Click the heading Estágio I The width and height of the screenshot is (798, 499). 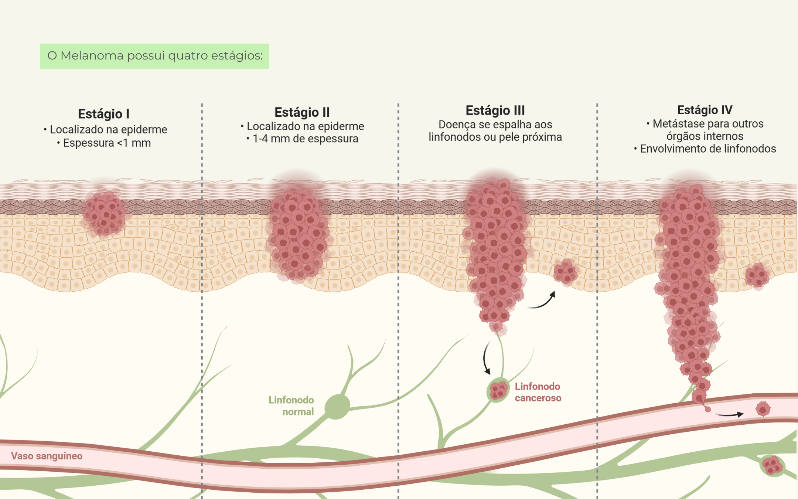click(x=104, y=114)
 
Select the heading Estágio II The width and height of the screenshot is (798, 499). click(x=302, y=112)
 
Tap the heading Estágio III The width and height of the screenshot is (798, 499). click(x=495, y=110)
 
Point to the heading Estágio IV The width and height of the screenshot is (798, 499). click(x=705, y=110)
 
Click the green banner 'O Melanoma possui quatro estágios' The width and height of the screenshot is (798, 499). click(x=154, y=56)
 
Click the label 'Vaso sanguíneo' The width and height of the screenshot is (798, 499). click(x=47, y=456)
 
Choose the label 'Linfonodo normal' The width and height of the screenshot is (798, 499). click(x=291, y=405)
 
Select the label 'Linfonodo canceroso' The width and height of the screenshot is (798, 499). click(x=538, y=392)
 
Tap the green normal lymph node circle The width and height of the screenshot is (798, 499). click(x=337, y=407)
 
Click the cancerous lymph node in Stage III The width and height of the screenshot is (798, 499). click(x=498, y=390)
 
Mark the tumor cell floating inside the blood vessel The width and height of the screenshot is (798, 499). click(x=763, y=409)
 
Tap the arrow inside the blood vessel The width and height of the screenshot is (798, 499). click(x=730, y=414)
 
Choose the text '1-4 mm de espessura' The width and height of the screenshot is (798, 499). click(x=305, y=139)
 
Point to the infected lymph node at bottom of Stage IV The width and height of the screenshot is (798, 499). click(x=772, y=465)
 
